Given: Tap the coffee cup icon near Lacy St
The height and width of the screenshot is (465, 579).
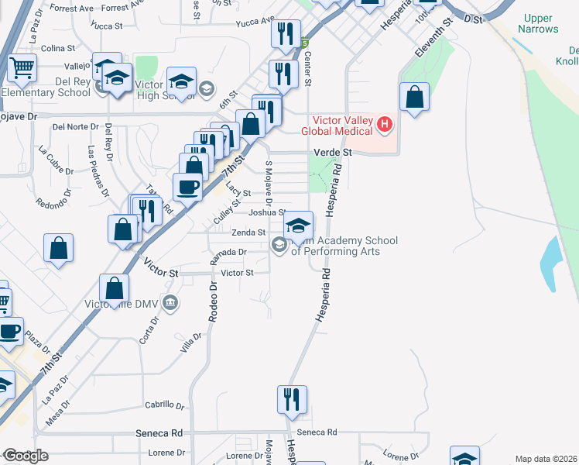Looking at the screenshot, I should [x=188, y=187].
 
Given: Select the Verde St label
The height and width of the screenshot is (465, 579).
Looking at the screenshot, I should [x=332, y=153].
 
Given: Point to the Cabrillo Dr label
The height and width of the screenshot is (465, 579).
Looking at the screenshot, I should [x=165, y=405].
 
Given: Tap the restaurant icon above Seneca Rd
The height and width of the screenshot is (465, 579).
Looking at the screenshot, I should [x=292, y=399].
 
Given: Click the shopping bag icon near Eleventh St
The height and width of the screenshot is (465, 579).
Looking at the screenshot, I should [x=415, y=98].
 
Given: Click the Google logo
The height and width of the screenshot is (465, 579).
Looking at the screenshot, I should [x=25, y=456].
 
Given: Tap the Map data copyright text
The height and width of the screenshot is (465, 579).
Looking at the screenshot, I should [x=546, y=459].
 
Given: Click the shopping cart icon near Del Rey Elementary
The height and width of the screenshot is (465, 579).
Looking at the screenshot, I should [x=22, y=67].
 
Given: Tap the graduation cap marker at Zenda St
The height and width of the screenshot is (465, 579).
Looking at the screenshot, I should [x=298, y=226].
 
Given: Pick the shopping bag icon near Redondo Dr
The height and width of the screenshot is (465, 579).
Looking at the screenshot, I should [x=58, y=248].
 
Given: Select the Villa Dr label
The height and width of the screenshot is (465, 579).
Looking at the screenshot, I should [x=190, y=342].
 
